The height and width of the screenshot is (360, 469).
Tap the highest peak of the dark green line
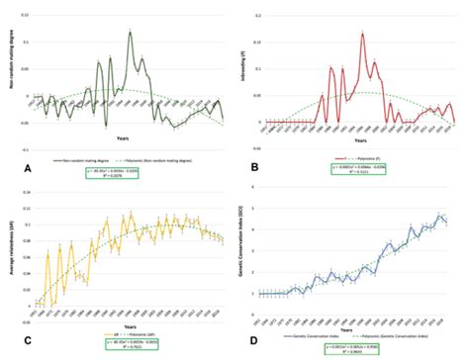click(x=130, y=32)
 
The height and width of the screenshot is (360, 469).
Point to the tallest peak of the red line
click(x=363, y=34)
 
